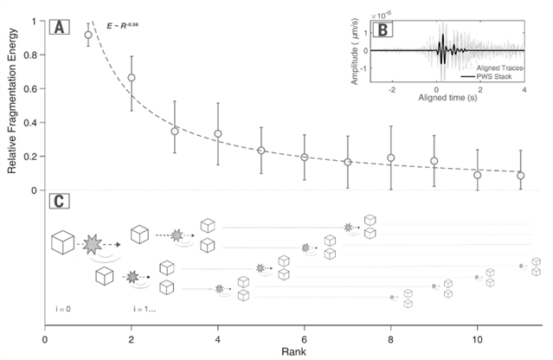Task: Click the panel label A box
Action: coord(60,28)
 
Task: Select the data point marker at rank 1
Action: coord(88,35)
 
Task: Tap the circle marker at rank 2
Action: coord(132,78)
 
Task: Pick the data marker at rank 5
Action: coord(260,151)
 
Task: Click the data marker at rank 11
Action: coord(520,176)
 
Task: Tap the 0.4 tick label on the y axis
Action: coord(34,122)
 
